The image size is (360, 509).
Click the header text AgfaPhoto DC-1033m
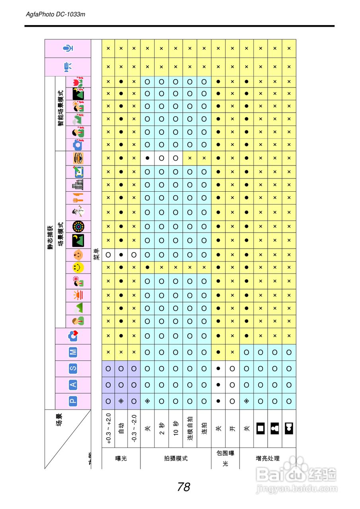click(x=55, y=14)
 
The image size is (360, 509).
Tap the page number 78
click(x=184, y=487)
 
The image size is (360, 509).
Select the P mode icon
click(x=73, y=401)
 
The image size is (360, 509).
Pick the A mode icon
click(x=73, y=385)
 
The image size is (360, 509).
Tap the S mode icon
click(x=73, y=369)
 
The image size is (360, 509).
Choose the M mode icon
click(x=73, y=352)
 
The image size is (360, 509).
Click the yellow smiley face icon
click(x=78, y=267)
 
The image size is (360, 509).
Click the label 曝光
click(x=121, y=458)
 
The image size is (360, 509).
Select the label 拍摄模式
click(x=175, y=458)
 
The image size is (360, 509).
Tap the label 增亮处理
click(x=267, y=458)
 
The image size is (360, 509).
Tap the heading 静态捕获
click(x=51, y=237)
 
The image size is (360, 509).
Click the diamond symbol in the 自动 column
click(x=121, y=401)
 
